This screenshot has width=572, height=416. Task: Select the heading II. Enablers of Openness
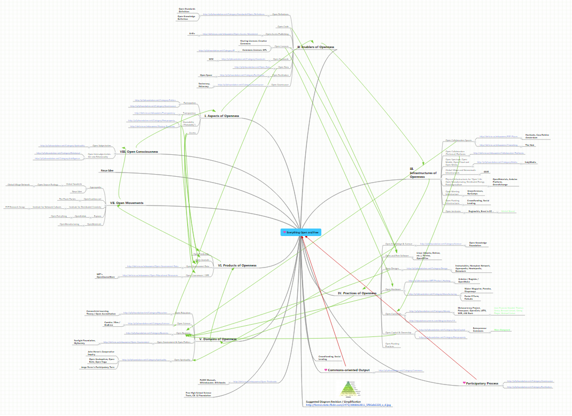point(316,47)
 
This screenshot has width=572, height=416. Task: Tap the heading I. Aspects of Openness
point(222,116)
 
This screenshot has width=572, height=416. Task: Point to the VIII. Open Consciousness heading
point(139,152)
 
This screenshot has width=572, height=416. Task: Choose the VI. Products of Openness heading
point(237,265)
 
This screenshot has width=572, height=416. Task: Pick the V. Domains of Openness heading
point(218,339)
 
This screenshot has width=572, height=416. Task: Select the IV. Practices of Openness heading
point(357,293)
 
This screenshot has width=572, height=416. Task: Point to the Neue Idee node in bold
point(107,171)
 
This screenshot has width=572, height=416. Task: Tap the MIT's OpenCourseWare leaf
point(105,276)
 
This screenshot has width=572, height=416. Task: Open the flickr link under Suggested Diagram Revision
point(348,405)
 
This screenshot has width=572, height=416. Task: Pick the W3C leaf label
point(211,59)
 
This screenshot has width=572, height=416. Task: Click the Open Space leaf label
point(206,75)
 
